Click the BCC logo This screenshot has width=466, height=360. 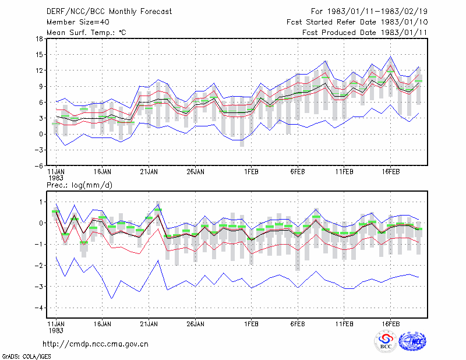(386, 341)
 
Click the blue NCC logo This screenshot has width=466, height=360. (412, 341)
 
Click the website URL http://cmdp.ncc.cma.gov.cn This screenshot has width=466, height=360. (96, 344)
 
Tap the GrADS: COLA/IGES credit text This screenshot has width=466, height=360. (26, 357)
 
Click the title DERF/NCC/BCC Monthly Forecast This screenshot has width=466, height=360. (109, 12)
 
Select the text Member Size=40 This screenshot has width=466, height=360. (78, 22)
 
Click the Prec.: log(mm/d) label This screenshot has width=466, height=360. (79, 185)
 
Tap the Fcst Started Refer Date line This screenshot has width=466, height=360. (357, 22)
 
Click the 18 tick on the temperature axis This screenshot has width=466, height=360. (39, 38)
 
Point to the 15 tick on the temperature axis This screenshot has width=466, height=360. (39, 55)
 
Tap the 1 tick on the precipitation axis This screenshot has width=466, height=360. (41, 202)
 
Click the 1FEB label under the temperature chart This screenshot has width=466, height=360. (252, 172)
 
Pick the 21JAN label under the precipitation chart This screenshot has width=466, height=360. (149, 324)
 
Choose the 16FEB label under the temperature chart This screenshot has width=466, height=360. (391, 172)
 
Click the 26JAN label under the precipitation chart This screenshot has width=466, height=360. (196, 324)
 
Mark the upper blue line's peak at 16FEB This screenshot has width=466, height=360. (391, 57)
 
